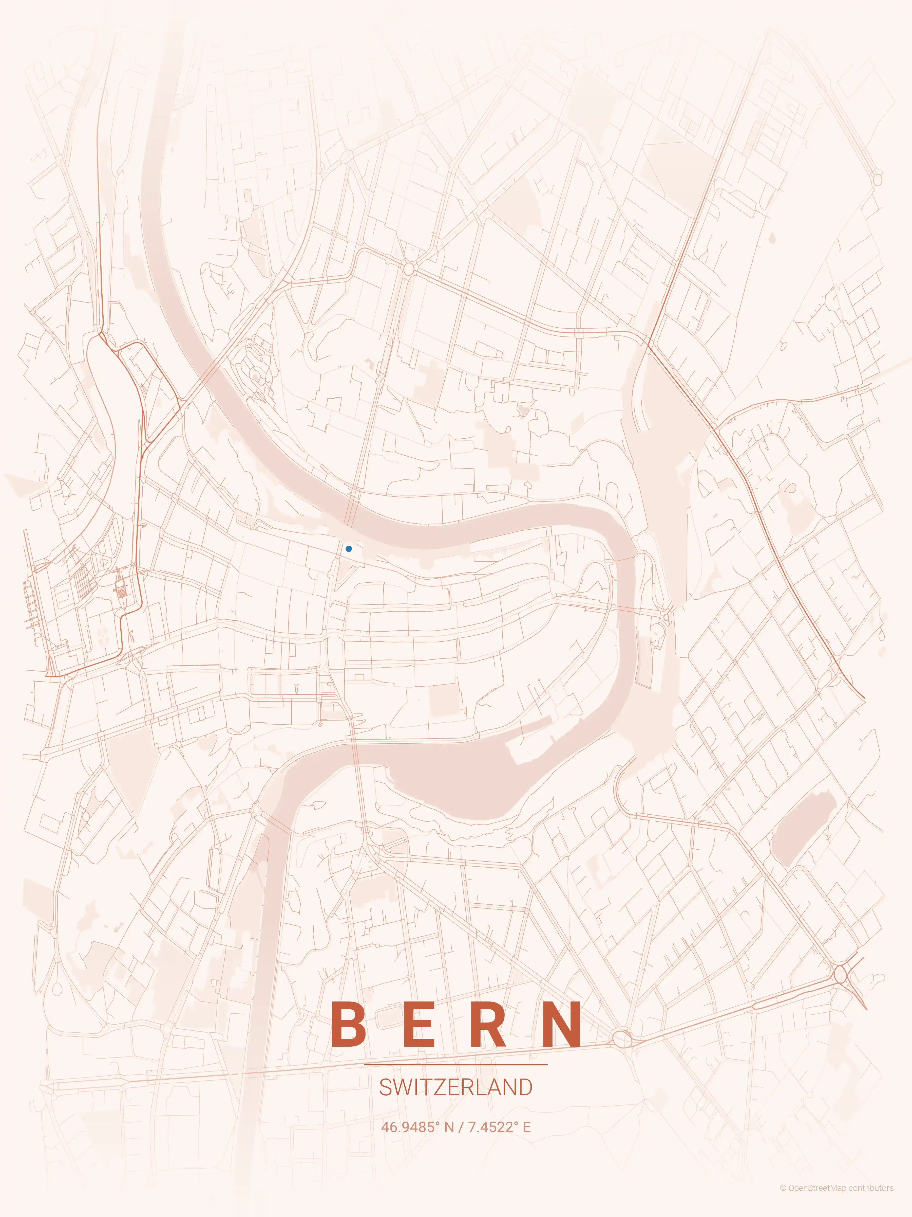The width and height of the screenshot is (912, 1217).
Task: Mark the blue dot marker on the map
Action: pyautogui.click(x=349, y=548)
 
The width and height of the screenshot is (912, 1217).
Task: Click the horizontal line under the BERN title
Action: pyautogui.click(x=456, y=1065)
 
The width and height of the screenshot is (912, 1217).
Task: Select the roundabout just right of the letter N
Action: pyautogui.click(x=622, y=1039)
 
